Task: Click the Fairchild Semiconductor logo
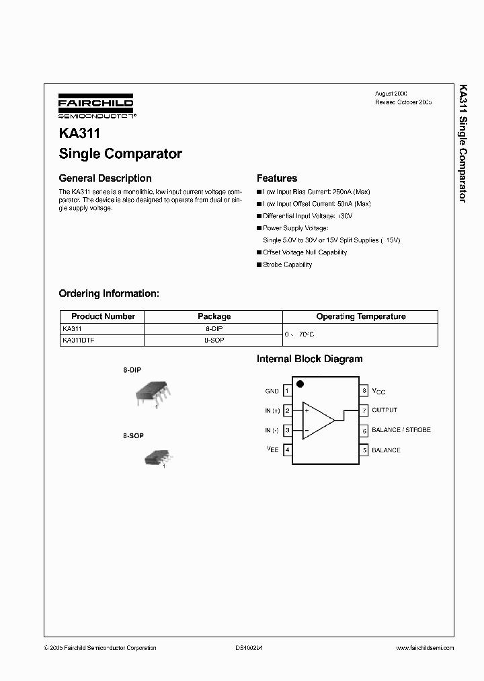coord(96,105)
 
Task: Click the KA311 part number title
coord(79,133)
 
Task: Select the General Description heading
coord(105,178)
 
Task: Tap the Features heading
coord(277,178)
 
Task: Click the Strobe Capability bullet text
coord(287,264)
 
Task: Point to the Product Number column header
coord(103,316)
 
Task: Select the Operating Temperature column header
coord(360,316)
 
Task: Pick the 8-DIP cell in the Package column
coord(214,329)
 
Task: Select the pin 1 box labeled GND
coord(287,390)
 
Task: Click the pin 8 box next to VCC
coord(364,390)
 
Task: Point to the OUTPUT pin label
coord(385,410)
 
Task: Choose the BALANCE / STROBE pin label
coord(401,430)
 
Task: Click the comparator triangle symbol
coord(317,420)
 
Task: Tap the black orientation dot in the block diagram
coord(300,384)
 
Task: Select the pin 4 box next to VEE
coord(287,450)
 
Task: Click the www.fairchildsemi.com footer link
coord(421,648)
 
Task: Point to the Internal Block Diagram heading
coord(309,359)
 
